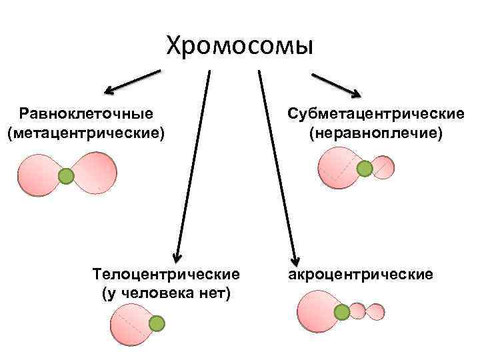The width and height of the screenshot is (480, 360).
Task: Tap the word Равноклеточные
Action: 86,114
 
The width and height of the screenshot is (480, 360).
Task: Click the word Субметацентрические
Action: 376,114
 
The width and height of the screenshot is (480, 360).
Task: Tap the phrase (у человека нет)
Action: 166,293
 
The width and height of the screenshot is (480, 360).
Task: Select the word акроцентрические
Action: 361,274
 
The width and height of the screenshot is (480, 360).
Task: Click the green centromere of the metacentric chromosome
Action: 65,176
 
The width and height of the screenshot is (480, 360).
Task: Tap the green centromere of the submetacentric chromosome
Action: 365,169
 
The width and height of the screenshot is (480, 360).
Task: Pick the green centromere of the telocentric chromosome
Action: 156,324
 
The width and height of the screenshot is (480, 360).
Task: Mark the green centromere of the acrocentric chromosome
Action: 341,311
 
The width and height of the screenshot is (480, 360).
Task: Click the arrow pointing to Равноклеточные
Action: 131,81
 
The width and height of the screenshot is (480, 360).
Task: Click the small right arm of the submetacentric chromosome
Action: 383,167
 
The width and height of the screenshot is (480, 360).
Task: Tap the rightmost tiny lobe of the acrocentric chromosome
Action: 376,311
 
